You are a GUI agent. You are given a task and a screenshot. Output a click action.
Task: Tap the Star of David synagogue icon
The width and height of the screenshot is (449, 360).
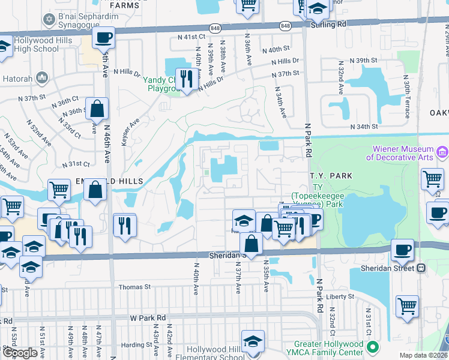(x=49, y=20)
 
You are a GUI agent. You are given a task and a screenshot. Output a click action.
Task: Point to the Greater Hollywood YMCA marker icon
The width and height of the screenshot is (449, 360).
(x=373, y=347)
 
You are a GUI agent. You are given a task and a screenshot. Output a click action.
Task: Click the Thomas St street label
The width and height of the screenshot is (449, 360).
(x=134, y=287)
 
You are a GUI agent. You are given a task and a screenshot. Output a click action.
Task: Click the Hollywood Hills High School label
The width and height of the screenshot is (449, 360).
(x=29, y=44)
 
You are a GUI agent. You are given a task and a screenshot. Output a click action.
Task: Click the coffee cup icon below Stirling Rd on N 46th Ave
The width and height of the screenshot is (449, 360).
(x=103, y=38)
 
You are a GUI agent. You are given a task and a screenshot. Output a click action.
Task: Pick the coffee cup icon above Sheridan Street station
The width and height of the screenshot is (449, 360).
(x=402, y=249)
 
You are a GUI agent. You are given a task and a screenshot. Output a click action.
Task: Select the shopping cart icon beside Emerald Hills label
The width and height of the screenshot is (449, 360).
(x=59, y=190)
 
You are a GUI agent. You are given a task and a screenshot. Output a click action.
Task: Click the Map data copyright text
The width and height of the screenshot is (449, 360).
(x=424, y=355)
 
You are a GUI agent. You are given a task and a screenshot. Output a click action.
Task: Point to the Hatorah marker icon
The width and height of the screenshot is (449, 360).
(x=42, y=78)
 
